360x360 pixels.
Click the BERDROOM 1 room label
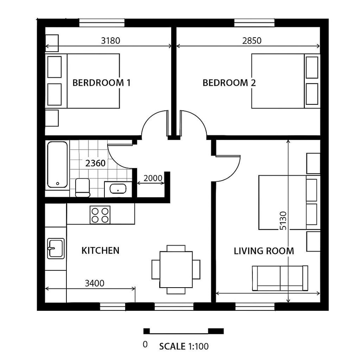pyautogui.click(x=101, y=83)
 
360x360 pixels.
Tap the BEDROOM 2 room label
pyautogui.click(x=229, y=83)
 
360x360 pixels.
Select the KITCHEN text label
pyautogui.click(x=100, y=251)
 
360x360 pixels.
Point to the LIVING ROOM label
pyautogui.click(x=264, y=251)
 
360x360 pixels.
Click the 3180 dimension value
pyautogui.click(x=110, y=40)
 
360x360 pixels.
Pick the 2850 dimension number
pyautogui.click(x=252, y=40)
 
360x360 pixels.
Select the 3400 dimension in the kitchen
pyautogui.click(x=94, y=284)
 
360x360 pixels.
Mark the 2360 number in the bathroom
pyautogui.click(x=95, y=163)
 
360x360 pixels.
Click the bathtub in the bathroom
pyautogui.click(x=57, y=164)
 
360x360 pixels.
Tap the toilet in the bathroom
pyautogui.click(x=83, y=188)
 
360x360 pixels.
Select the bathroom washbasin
pyautogui.click(x=118, y=188)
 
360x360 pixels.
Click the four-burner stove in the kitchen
pyautogui.click(x=100, y=214)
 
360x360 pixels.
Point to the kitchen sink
pyautogui.click(x=55, y=248)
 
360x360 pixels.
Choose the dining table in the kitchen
pyautogui.click(x=176, y=269)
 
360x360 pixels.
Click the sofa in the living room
pyautogui.click(x=280, y=278)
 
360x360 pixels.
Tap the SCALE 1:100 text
pyautogui.click(x=184, y=346)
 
